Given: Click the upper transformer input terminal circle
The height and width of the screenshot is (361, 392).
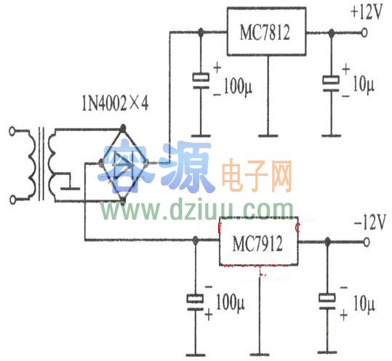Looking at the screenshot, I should click(x=12, y=131).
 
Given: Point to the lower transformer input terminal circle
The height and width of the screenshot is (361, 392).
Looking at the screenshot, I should click(x=12, y=198).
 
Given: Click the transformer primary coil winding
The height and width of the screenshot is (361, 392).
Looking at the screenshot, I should click(x=31, y=164).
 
